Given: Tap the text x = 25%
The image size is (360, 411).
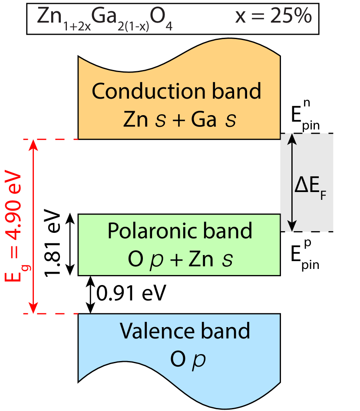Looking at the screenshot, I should (273, 16).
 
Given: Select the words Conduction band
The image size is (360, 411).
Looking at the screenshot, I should (176, 92).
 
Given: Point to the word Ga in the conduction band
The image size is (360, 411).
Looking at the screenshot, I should (204, 119).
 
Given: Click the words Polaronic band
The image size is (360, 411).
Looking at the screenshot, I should (179, 231).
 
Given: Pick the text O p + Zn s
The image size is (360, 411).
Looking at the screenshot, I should (180, 260).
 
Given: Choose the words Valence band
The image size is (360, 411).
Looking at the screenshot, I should (185, 331).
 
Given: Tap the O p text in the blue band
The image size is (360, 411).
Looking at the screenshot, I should (188, 360).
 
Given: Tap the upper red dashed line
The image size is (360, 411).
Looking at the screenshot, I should (50, 139).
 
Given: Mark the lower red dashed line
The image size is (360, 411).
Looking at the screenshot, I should (50, 313).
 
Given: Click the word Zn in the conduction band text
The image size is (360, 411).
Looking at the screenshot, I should (136, 119).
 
